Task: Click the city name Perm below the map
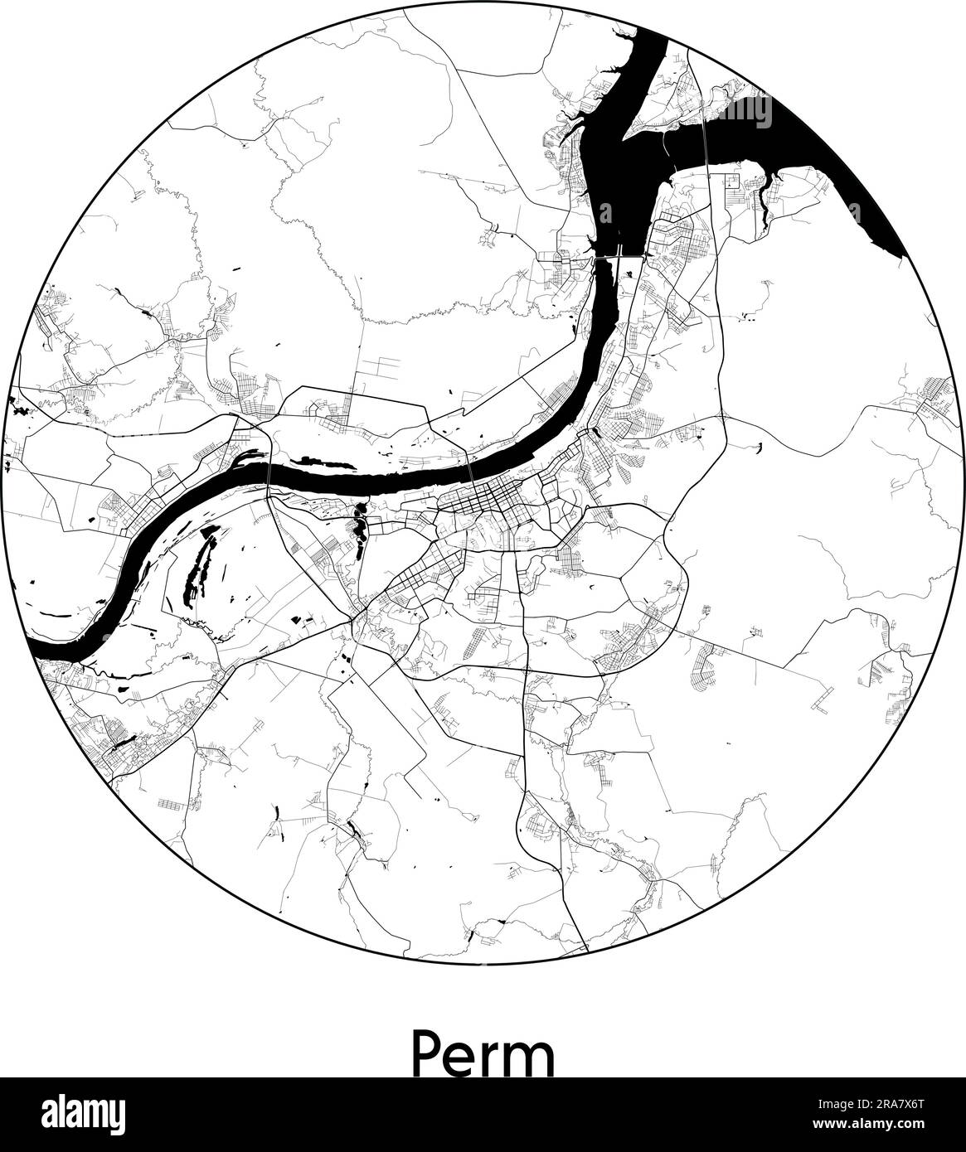click(x=483, y=1053)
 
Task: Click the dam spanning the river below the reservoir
click(x=619, y=256)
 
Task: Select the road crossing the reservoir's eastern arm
click(x=705, y=133)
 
